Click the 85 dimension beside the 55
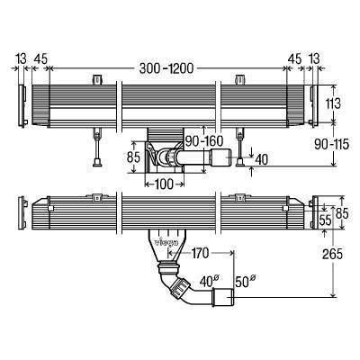click(x=340, y=212)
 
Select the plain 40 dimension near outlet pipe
click(x=261, y=159)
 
